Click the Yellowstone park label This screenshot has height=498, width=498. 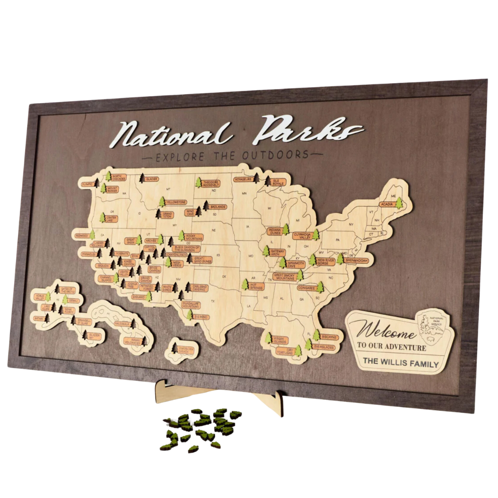pos(176,202)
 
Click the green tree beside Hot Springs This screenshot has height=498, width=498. pos(245,285)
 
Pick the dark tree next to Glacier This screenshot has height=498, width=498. pos(142,178)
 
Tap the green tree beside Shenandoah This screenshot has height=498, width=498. pos(340,258)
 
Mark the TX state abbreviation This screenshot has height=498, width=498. pos(213,302)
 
